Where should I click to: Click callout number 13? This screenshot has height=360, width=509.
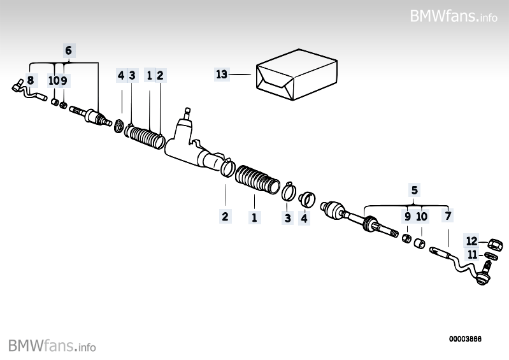click(x=221, y=75)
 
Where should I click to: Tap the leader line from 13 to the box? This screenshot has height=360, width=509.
click(x=241, y=75)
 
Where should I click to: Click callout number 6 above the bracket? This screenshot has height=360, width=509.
click(x=69, y=50)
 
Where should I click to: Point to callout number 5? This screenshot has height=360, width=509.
click(x=414, y=189)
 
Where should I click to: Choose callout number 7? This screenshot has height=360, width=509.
click(x=448, y=216)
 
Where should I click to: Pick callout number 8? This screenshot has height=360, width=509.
click(x=30, y=80)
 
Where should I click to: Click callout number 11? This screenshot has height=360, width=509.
click(x=471, y=254)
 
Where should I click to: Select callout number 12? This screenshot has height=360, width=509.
click(x=471, y=241)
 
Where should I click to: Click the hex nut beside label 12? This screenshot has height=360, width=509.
click(x=492, y=243)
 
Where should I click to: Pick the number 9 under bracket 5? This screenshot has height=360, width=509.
click(x=407, y=216)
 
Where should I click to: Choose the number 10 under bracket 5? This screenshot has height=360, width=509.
click(x=422, y=216)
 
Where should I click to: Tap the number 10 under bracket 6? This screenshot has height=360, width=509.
click(x=54, y=80)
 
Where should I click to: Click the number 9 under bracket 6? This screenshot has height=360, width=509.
click(x=64, y=80)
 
